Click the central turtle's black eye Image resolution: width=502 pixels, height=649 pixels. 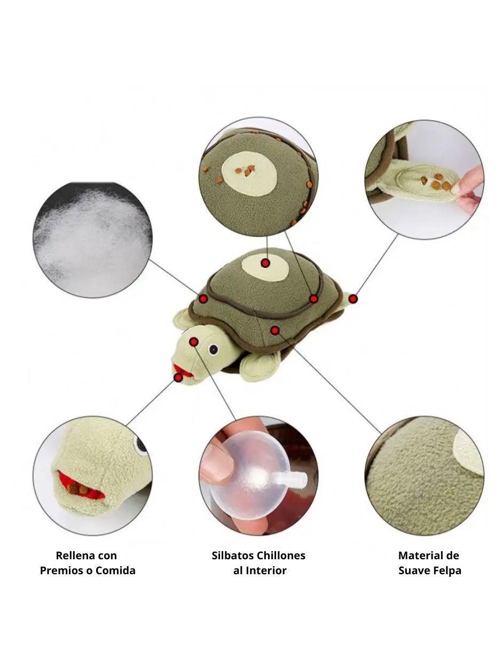point(214,349)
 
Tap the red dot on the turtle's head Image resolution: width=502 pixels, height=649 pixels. point(194,342)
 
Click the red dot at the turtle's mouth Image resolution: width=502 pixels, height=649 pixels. point(178,378)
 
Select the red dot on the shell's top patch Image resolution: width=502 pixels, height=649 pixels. point(265,263)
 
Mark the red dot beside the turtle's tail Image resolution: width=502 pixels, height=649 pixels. point(353,299)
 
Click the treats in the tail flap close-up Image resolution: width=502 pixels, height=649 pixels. point(436,182)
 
